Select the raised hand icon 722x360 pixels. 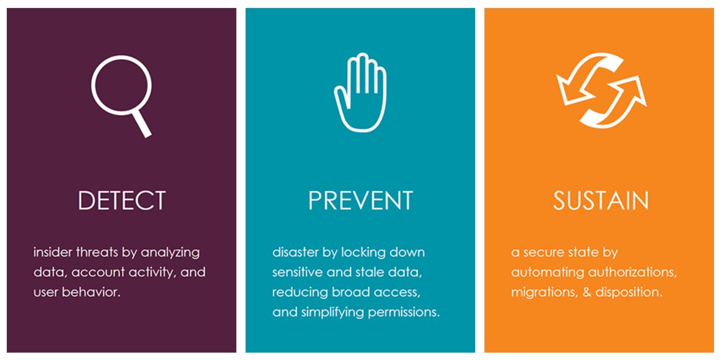(x=360, y=92)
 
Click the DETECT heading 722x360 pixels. (x=122, y=201)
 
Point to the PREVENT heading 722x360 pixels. (x=360, y=201)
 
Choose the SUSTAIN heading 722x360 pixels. (x=601, y=201)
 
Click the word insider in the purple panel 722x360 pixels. (x=53, y=252)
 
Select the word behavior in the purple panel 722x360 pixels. (x=97, y=292)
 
